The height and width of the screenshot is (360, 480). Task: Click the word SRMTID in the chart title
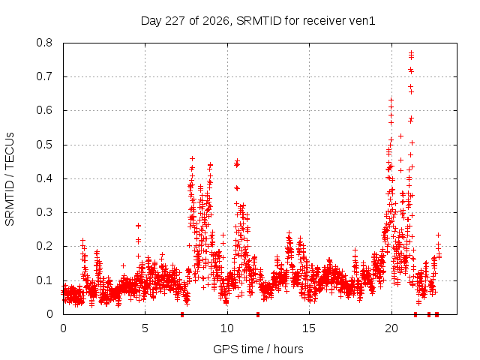click(x=259, y=21)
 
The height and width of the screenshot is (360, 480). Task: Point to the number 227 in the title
click(x=175, y=21)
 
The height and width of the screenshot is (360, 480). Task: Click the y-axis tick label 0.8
click(x=44, y=43)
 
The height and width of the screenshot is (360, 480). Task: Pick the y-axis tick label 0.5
click(x=44, y=145)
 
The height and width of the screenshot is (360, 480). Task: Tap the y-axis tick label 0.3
click(x=44, y=212)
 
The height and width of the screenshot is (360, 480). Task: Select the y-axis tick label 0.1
click(x=44, y=280)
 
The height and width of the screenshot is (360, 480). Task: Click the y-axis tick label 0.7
click(x=44, y=76)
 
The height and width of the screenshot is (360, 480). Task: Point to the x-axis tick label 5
click(x=145, y=328)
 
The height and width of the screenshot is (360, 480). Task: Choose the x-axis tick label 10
click(x=227, y=328)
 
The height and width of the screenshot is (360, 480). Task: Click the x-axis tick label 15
click(x=309, y=328)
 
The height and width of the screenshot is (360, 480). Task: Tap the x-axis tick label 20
click(x=391, y=328)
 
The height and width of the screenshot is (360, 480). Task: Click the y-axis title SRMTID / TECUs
click(x=10, y=179)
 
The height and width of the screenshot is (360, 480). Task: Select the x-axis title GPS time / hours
click(x=258, y=349)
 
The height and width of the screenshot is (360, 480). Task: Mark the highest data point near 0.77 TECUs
click(x=412, y=52)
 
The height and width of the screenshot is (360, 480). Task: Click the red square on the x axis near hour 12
click(x=258, y=314)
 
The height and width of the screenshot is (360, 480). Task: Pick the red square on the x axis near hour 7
click(x=182, y=314)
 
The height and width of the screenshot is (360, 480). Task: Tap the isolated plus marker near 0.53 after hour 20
click(x=400, y=136)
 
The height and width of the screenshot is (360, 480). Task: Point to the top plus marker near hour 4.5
click(x=138, y=226)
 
